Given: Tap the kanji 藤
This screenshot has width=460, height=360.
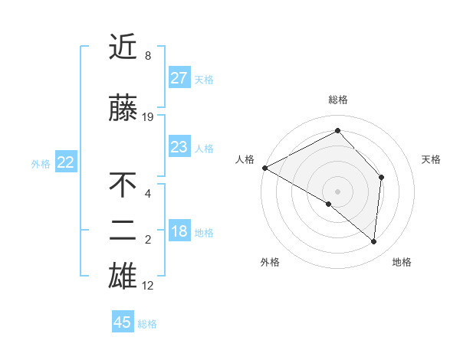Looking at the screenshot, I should tap(123, 109).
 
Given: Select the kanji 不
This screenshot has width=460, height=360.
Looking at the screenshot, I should tap(123, 186).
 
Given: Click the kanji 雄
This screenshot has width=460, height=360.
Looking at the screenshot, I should tap(123, 277).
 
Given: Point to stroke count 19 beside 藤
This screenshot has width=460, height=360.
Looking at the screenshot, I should tap(149, 117).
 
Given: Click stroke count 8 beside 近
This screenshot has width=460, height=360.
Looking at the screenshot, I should tap(148, 56).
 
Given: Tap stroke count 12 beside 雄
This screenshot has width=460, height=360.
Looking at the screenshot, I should tap(149, 286).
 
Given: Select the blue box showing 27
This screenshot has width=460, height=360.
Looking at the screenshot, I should tap(179, 78).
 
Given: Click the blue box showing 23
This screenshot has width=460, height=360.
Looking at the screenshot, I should tap(179, 147).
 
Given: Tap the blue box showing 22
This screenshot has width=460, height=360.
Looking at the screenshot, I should tap(66, 162).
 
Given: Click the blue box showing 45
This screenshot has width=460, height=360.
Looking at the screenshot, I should tap(123, 322).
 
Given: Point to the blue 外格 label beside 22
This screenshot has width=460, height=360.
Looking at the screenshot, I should tap(41, 163).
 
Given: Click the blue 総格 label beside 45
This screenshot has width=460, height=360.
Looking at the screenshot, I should tap(147, 323).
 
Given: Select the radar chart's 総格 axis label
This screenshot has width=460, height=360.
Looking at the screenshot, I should tap(337, 100).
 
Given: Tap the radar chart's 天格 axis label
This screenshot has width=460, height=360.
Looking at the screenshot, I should tap(431, 159).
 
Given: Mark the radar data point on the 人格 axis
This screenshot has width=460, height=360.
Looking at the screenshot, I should tap(264, 168).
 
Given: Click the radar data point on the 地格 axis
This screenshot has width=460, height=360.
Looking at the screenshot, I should tap(374, 242).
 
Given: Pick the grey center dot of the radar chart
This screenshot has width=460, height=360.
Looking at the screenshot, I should tap(337, 191).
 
